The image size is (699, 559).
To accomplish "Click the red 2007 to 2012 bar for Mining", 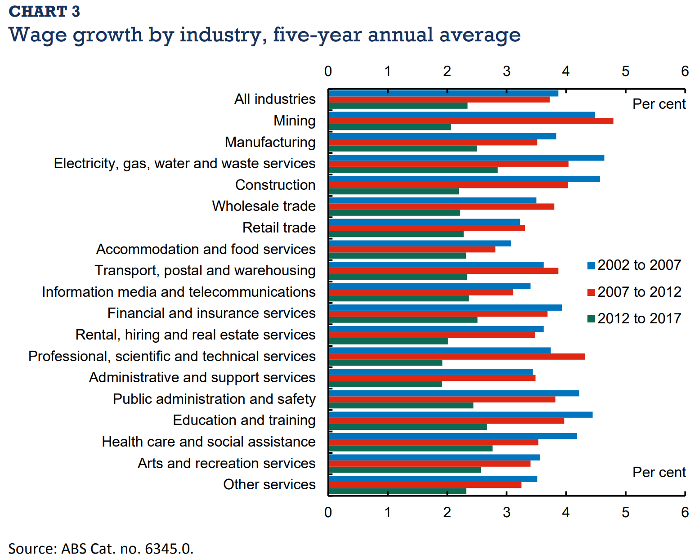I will point(470,121).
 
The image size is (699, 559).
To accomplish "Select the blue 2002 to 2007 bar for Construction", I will point(464,179).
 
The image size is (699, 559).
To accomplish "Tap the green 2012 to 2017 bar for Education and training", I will point(408,427).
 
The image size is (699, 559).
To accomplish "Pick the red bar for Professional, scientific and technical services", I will point(457,357).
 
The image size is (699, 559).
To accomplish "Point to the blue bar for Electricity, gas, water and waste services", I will point(466,158).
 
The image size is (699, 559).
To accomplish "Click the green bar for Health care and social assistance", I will point(410,448).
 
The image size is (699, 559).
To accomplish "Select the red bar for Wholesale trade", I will point(441,206).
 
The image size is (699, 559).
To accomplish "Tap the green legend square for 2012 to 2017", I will point(591,319).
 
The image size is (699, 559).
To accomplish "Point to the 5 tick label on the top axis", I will point(625,71).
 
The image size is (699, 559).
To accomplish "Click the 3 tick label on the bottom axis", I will point(506,512).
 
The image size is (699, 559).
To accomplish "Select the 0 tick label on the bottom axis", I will point(328,512).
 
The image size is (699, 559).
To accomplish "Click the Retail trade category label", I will point(279,228).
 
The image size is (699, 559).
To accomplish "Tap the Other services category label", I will point(269,485).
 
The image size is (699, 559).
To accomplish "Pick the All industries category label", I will point(275,99).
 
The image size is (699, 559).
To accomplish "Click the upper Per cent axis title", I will point(659,104).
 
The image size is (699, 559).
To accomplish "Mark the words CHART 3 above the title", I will point(44,11).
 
